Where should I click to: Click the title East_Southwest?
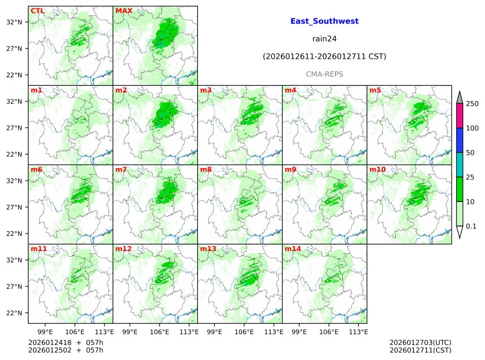(324, 21)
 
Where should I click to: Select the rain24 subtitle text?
(324, 39)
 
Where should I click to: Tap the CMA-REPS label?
(324, 74)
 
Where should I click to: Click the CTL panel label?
(37, 11)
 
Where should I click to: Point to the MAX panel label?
(123, 11)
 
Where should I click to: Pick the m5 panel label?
(375, 90)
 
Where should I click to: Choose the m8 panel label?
(206, 169)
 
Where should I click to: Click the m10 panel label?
(377, 169)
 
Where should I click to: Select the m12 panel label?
(124, 249)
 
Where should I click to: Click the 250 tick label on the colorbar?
(472, 104)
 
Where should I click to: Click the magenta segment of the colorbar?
(459, 116)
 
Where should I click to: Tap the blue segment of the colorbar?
(459, 141)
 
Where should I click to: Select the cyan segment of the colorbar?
(459, 165)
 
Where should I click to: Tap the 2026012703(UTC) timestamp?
(420, 343)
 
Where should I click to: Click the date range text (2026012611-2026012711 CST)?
(324, 56)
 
